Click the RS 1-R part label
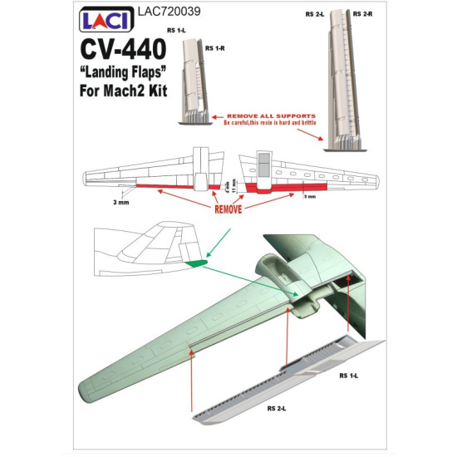pyautogui.click(x=217, y=47)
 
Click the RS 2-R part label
pyautogui.click(x=362, y=14)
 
